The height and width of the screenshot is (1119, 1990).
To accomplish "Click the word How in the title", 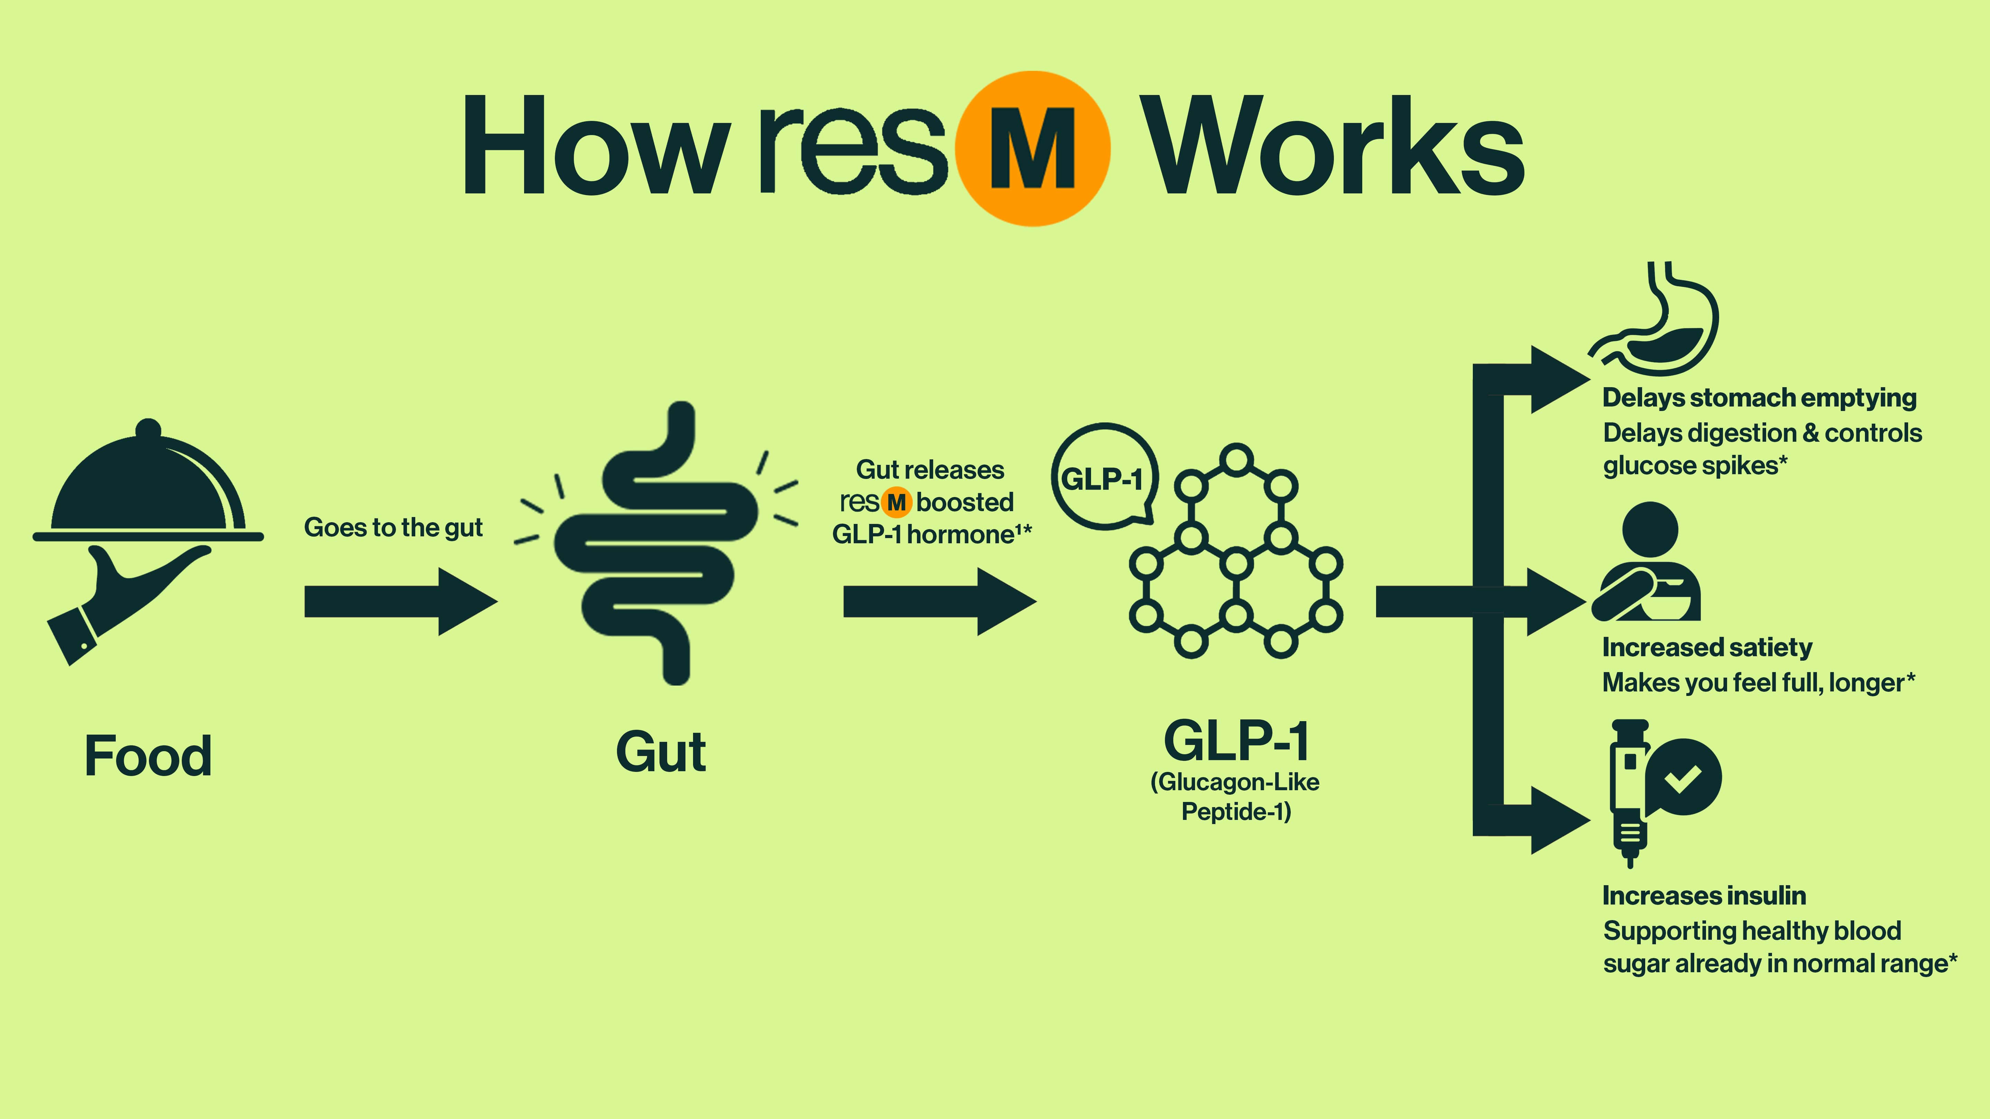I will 595,147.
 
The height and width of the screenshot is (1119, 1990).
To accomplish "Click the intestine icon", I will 657,541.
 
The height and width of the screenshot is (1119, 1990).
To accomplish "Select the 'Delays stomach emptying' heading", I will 1759,398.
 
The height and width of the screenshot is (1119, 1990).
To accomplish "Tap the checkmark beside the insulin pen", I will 1683,778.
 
